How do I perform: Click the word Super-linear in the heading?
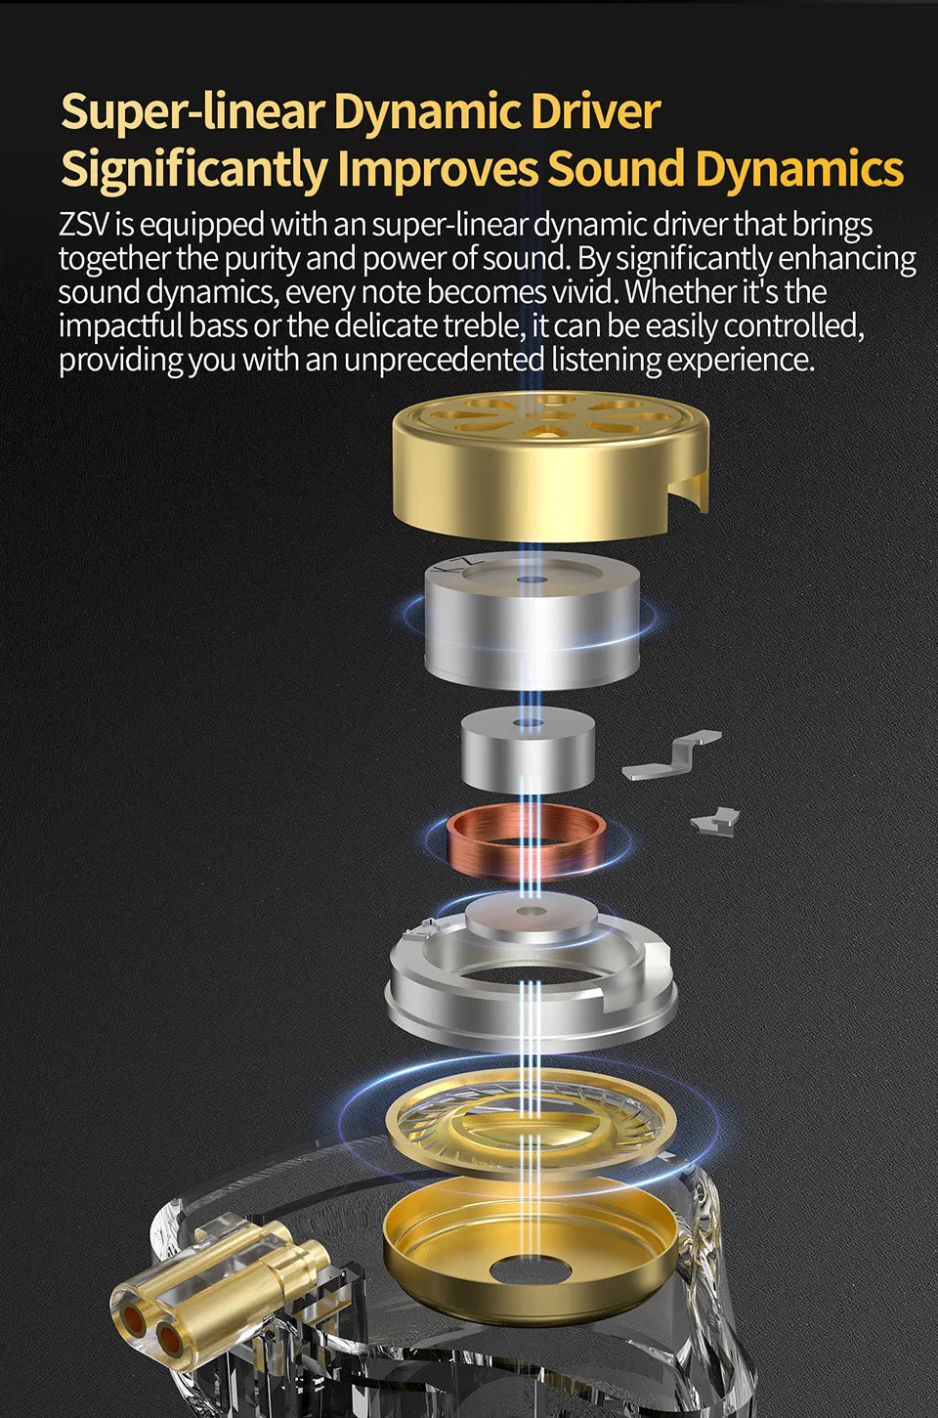[x=192, y=112]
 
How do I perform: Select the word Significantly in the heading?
[x=194, y=169]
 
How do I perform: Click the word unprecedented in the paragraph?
[x=444, y=360]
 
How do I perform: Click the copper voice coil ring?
[x=525, y=841]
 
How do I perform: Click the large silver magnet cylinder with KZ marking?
[x=531, y=623]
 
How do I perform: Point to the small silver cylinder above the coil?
[x=528, y=750]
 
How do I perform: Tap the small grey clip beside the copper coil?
[x=715, y=822]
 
